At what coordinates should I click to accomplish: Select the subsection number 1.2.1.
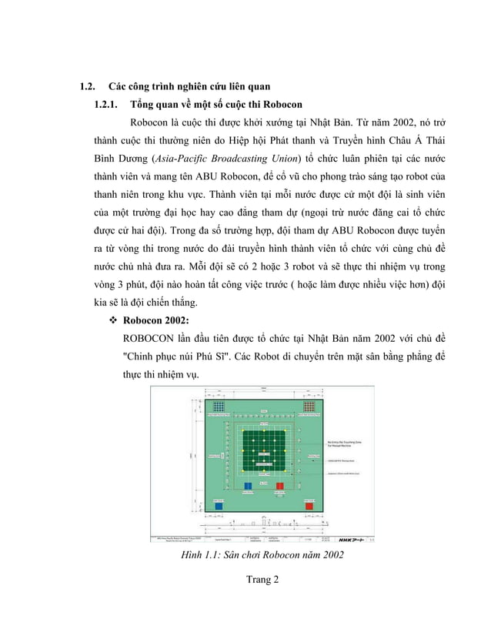[x=105, y=103]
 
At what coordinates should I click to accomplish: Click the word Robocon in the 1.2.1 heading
[x=279, y=103]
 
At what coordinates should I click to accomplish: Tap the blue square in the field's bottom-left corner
[x=219, y=507]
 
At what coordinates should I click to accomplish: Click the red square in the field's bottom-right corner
[x=309, y=507]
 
